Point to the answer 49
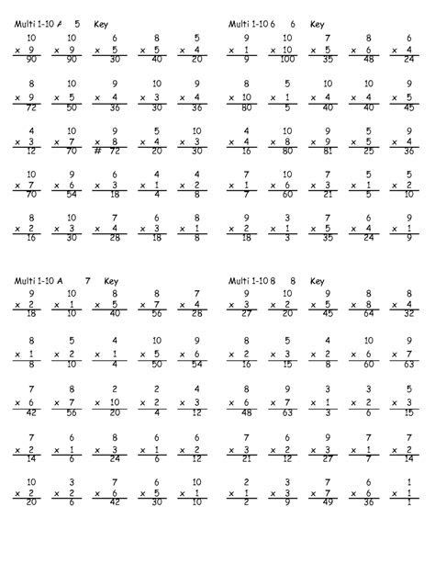pyautogui.click(x=324, y=501)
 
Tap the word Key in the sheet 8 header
pyautogui.click(x=318, y=281)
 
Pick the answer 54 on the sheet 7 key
pyautogui.click(x=192, y=362)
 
